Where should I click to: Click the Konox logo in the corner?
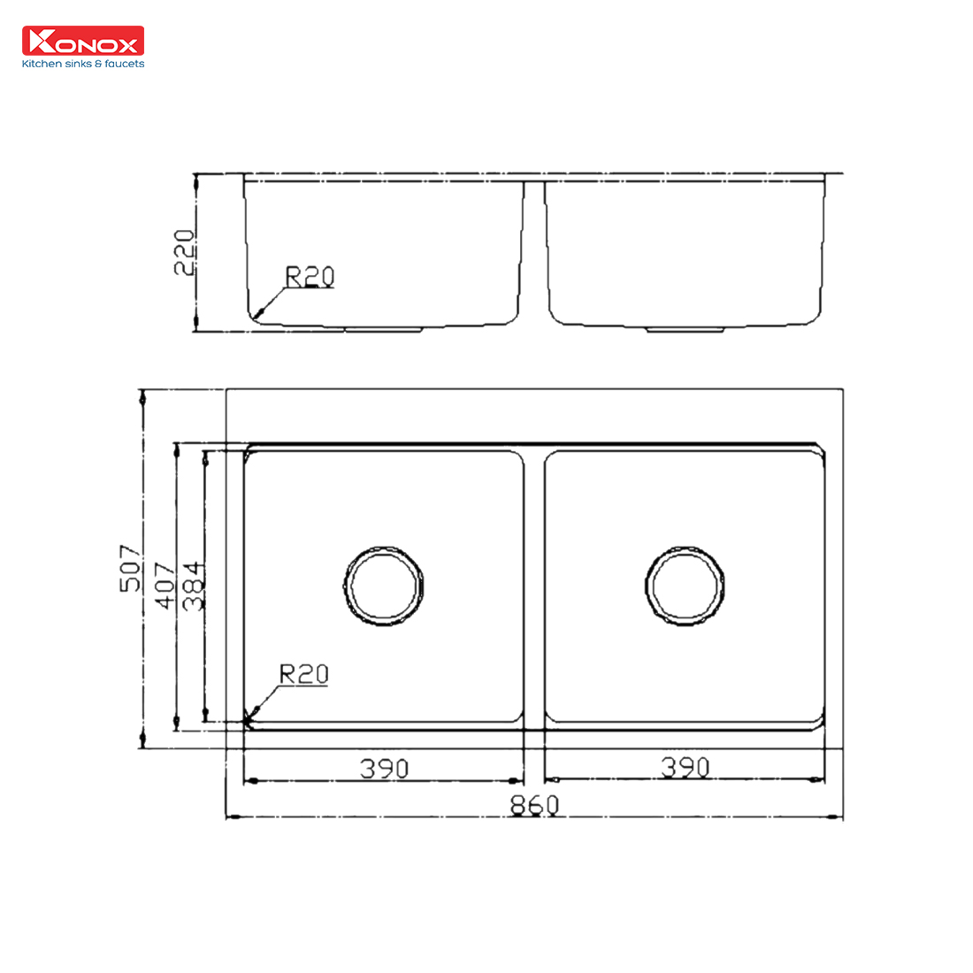pyautogui.click(x=82, y=41)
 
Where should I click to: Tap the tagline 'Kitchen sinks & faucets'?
pyautogui.click(x=82, y=64)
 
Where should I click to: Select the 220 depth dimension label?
pyautogui.click(x=184, y=252)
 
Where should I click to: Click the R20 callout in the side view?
pyautogui.click(x=310, y=277)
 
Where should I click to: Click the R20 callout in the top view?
pyautogui.click(x=303, y=674)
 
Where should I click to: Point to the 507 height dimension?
pyautogui.click(x=130, y=568)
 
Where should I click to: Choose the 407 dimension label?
pyautogui.click(x=165, y=585)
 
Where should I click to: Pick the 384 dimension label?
pyautogui.click(x=193, y=585)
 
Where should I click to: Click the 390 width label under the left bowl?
pyautogui.click(x=384, y=768)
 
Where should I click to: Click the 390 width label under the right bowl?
pyautogui.click(x=685, y=767)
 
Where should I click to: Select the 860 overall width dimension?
pyautogui.click(x=534, y=805)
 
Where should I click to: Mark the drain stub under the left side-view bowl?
pyautogui.click(x=383, y=329)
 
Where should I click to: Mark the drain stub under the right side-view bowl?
pyautogui.click(x=686, y=329)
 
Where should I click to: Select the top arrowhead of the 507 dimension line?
pyautogui.click(x=142, y=397)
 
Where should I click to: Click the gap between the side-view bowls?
pyautogui.click(x=534, y=252)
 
